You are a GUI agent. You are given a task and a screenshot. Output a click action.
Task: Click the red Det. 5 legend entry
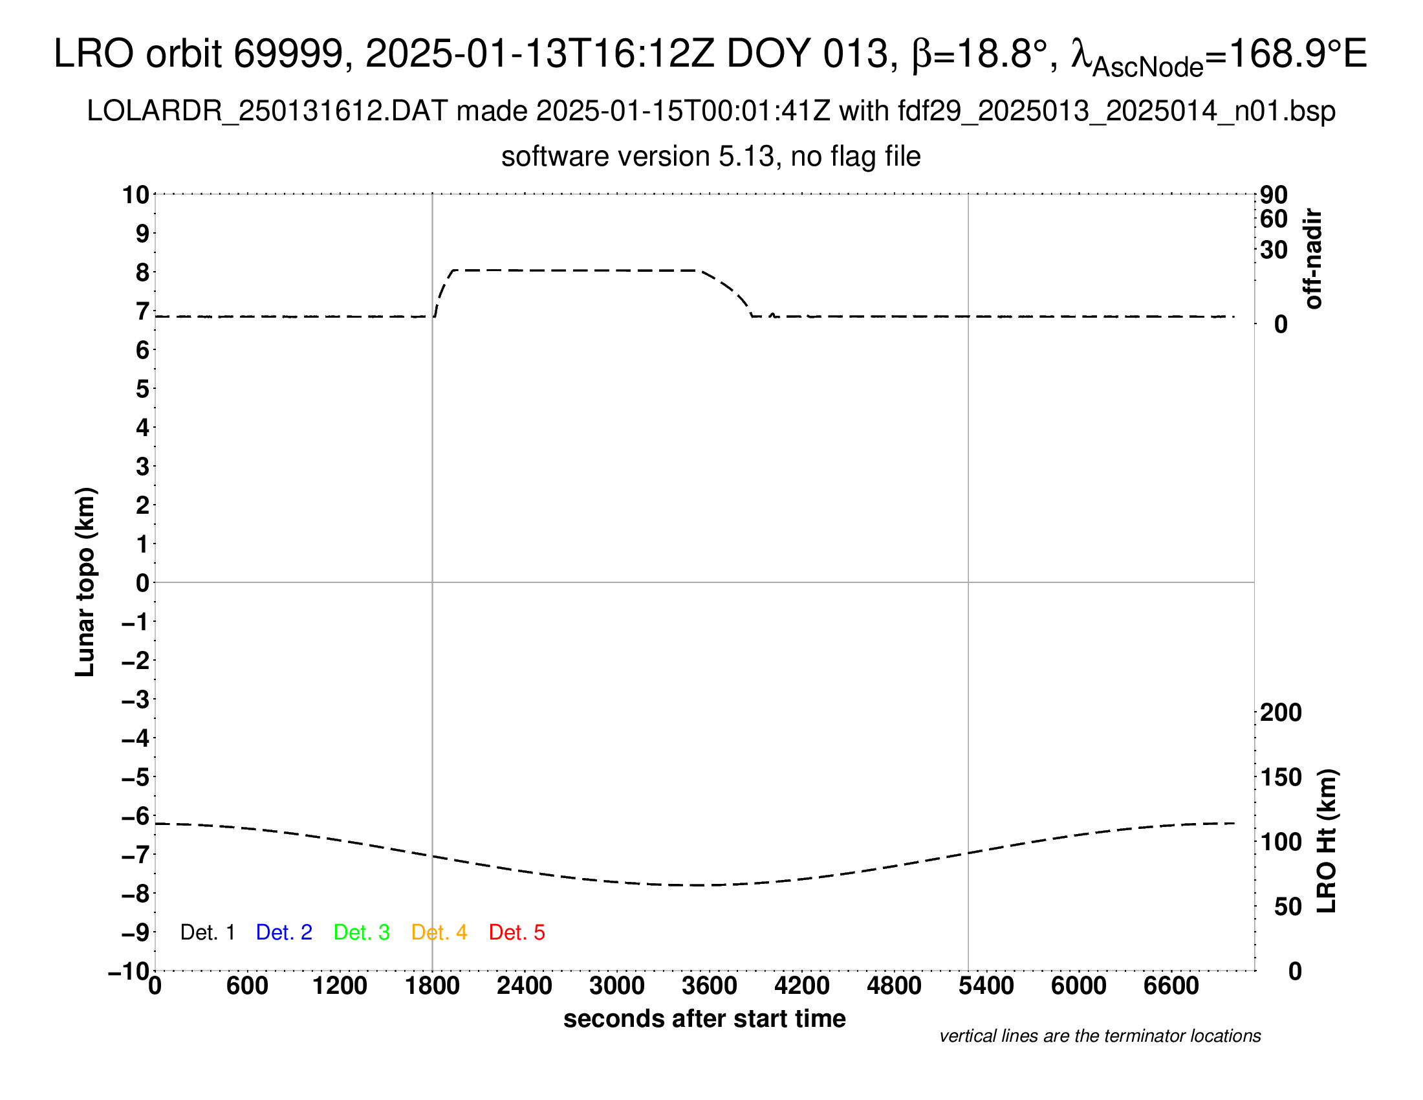(x=517, y=932)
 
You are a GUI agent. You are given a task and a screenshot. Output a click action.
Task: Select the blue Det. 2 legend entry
(x=284, y=932)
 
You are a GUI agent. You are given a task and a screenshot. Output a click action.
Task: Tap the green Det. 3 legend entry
(x=362, y=932)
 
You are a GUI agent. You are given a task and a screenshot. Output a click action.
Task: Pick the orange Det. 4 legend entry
(x=439, y=932)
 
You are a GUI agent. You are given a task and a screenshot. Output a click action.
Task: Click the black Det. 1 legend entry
(x=207, y=932)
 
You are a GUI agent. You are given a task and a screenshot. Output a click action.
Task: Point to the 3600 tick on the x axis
(x=710, y=986)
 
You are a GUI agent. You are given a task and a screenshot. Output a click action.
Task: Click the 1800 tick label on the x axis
(x=432, y=986)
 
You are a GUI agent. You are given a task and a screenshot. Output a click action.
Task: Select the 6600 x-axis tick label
(x=1171, y=986)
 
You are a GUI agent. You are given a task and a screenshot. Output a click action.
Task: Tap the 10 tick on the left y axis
(x=136, y=195)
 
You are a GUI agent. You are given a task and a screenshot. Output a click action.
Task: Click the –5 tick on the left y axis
(x=136, y=777)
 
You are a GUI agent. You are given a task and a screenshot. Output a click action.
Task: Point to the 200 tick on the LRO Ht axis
(x=1280, y=712)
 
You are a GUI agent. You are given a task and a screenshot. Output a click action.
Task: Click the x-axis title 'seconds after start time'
(x=704, y=1018)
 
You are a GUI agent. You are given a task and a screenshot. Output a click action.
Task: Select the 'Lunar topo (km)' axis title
(x=85, y=582)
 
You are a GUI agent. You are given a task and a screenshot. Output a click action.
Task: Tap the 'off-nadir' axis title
(x=1312, y=259)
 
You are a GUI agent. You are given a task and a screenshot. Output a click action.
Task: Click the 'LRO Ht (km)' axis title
(x=1327, y=841)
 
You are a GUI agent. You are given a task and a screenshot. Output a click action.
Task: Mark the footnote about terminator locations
(x=1100, y=1036)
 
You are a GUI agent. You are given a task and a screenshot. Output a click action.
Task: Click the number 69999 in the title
(x=288, y=54)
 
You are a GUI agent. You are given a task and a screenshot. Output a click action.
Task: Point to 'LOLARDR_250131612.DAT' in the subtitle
(x=267, y=111)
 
